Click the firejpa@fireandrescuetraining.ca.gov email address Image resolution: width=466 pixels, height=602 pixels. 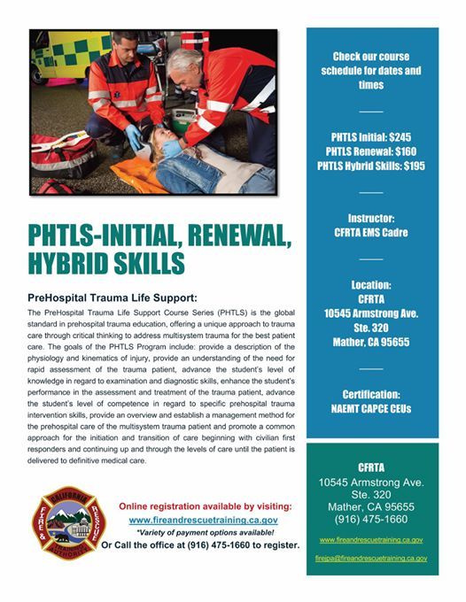[x=372, y=559]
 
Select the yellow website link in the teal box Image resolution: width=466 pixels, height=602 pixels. [x=372, y=539]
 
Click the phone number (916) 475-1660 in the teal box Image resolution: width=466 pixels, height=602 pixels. [x=372, y=520]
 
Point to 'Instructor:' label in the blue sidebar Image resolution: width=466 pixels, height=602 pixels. [x=372, y=216]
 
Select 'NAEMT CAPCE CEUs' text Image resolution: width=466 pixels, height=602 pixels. [x=372, y=409]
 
